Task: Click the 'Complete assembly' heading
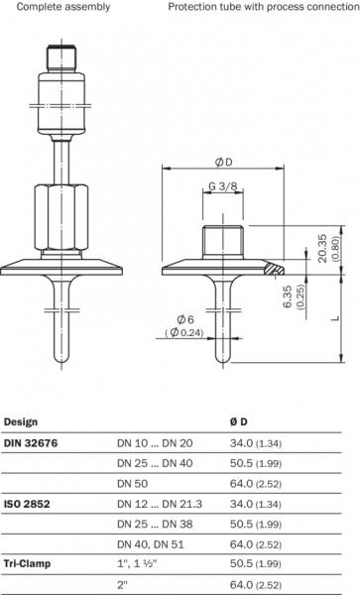coord(63,7)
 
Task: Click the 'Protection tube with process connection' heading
coord(264,7)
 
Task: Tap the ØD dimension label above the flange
coord(223,162)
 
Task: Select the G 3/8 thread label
coord(223,186)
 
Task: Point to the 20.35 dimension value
coord(322,248)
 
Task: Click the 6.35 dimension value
coord(288,297)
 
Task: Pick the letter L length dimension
coord(335,318)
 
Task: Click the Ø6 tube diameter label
coord(185,319)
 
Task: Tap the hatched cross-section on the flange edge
coord(275,269)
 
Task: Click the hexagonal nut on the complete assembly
coord(61,216)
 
